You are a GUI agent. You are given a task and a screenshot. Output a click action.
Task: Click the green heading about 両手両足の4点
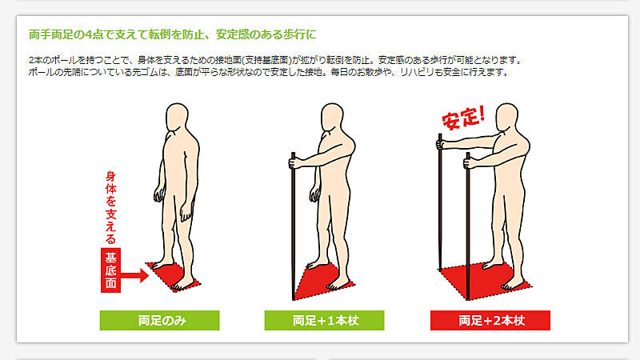(x=172, y=34)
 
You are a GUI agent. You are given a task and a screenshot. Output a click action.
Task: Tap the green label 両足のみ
(x=159, y=321)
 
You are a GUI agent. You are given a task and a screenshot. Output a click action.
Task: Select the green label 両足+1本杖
(x=325, y=321)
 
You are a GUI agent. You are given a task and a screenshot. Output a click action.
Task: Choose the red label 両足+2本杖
(x=490, y=321)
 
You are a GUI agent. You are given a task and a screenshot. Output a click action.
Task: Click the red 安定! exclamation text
(x=464, y=118)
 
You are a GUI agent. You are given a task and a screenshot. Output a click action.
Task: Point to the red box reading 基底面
(x=110, y=270)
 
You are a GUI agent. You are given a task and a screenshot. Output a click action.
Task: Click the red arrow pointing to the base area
(x=134, y=275)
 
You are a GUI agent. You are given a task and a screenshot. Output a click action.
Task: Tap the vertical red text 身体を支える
(x=110, y=207)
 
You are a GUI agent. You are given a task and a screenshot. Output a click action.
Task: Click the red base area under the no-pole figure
(x=174, y=276)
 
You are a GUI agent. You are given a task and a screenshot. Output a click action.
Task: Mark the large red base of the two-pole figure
(x=486, y=282)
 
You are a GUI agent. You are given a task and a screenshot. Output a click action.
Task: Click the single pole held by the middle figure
(x=293, y=226)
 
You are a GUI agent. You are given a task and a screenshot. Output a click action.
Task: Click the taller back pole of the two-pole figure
(x=440, y=202)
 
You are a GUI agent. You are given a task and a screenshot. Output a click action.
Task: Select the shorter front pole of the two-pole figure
(x=468, y=226)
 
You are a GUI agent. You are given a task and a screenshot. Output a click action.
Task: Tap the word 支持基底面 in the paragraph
(x=266, y=61)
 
